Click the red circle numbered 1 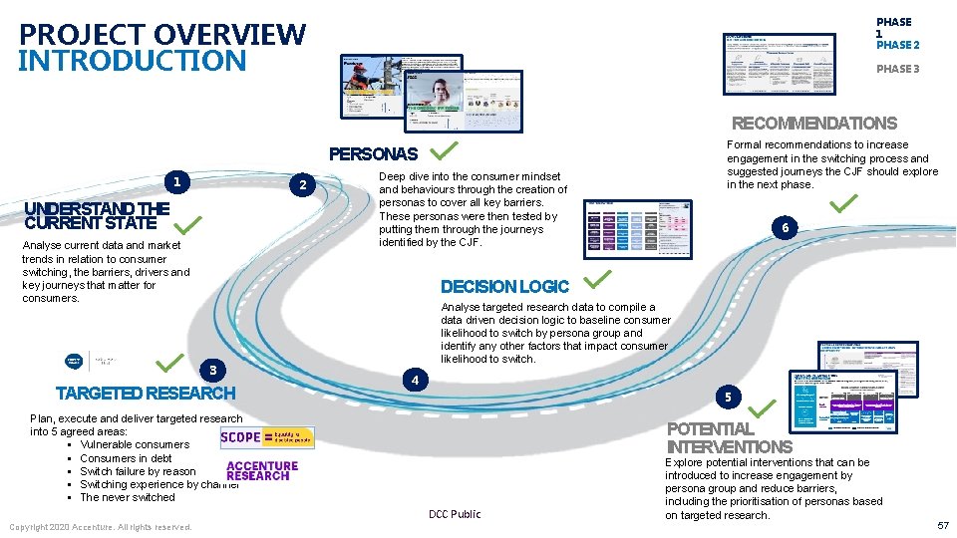pyautogui.click(x=176, y=182)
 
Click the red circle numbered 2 pyautogui.click(x=306, y=185)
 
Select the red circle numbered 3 pyautogui.click(x=212, y=371)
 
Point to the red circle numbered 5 pyautogui.click(x=728, y=397)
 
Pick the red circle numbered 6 pyautogui.click(x=786, y=228)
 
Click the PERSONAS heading pyautogui.click(x=374, y=155)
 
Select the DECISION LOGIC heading pyautogui.click(x=504, y=287)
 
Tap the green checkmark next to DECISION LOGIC pyautogui.click(x=597, y=279)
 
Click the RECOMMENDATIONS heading pyautogui.click(x=814, y=124)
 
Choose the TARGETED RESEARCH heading pyautogui.click(x=146, y=394)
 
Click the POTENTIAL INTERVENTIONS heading pyautogui.click(x=729, y=438)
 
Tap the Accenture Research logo pyautogui.click(x=262, y=470)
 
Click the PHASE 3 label pyautogui.click(x=897, y=69)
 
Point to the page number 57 pyautogui.click(x=942, y=525)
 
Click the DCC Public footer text pyautogui.click(x=455, y=514)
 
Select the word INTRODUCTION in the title pyautogui.click(x=133, y=61)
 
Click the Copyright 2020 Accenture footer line pyautogui.click(x=101, y=526)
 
